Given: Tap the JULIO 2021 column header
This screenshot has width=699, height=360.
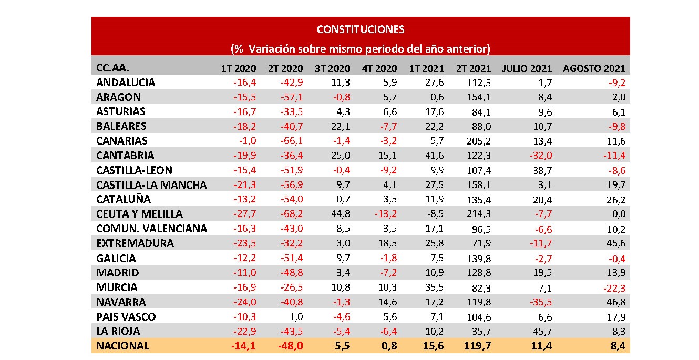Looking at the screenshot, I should (x=527, y=68).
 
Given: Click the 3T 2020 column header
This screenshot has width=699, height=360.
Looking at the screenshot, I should (x=332, y=68).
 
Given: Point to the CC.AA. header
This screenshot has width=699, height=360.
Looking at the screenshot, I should (x=112, y=68).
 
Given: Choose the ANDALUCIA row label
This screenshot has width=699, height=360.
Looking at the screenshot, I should (x=126, y=83).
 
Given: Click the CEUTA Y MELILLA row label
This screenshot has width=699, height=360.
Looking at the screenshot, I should (x=139, y=214).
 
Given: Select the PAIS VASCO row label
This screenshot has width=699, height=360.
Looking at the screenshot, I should (x=126, y=317).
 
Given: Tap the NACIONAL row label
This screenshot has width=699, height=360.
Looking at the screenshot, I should (x=122, y=346).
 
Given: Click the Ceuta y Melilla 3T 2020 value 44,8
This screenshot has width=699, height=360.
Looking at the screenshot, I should (x=340, y=214).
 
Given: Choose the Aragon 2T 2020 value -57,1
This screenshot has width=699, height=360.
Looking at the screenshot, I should (x=291, y=97).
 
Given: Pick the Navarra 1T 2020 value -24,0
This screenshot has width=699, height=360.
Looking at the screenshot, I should (x=244, y=302).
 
